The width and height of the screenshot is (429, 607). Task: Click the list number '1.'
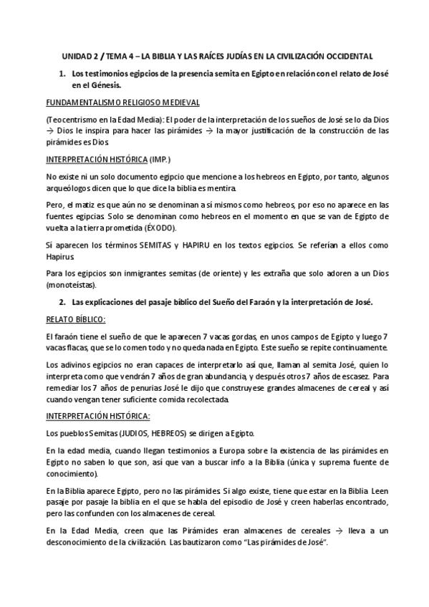[x=62, y=74]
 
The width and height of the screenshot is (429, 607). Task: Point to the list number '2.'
[x=62, y=303]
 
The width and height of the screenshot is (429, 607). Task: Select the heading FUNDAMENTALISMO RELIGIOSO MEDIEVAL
[x=122, y=102]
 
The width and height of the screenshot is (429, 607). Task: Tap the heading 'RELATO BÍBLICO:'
[x=75, y=320]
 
